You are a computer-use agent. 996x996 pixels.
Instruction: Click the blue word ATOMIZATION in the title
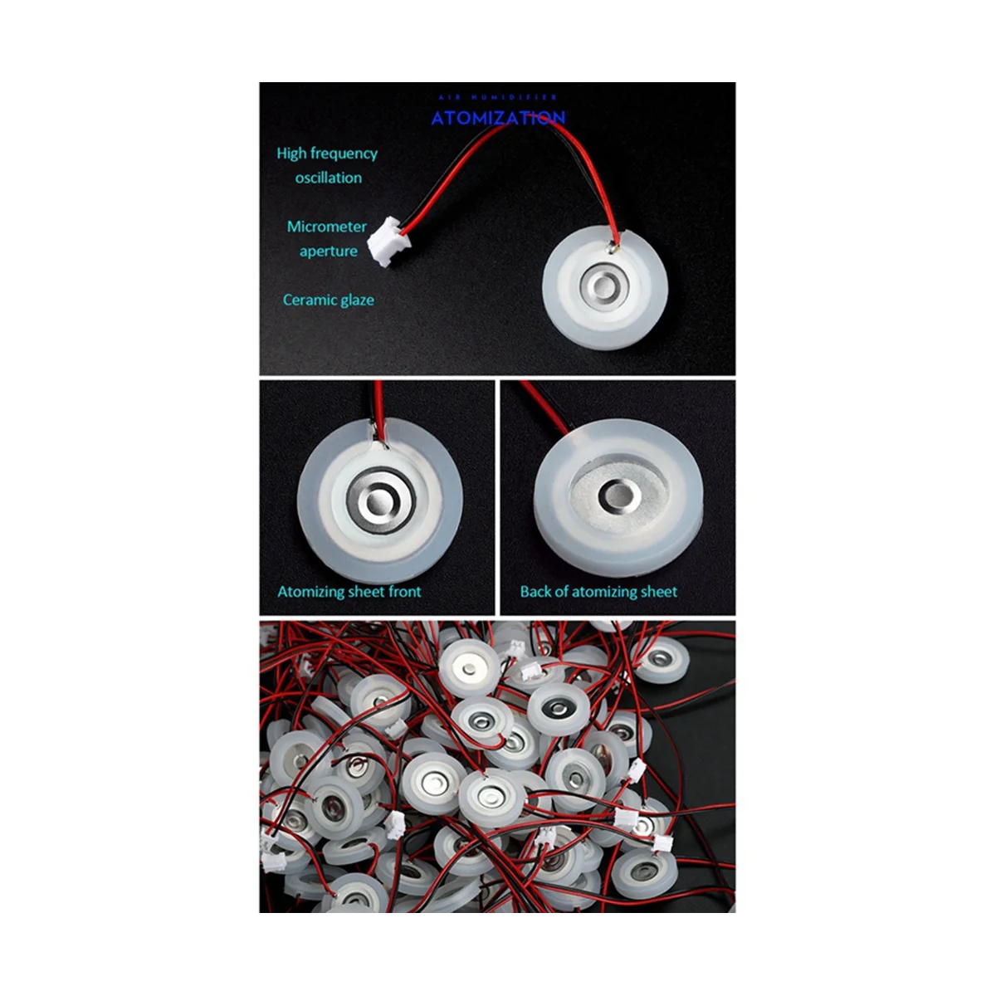498,118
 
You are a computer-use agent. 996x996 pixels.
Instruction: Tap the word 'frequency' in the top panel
344,154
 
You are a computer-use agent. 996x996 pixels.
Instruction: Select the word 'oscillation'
329,178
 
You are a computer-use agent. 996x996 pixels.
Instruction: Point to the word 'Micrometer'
327,227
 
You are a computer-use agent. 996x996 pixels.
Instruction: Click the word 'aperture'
329,251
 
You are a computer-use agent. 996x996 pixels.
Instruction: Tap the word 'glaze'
356,300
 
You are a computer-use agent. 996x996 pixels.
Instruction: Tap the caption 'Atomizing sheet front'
349,592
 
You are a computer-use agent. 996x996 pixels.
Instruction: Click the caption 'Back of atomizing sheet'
598,592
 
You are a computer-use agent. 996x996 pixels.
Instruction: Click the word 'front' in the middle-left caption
403,592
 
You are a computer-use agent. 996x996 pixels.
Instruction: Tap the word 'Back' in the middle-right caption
536,592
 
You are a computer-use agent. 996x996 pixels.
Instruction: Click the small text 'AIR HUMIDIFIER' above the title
498,97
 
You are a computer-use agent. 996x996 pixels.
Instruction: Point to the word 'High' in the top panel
291,154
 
